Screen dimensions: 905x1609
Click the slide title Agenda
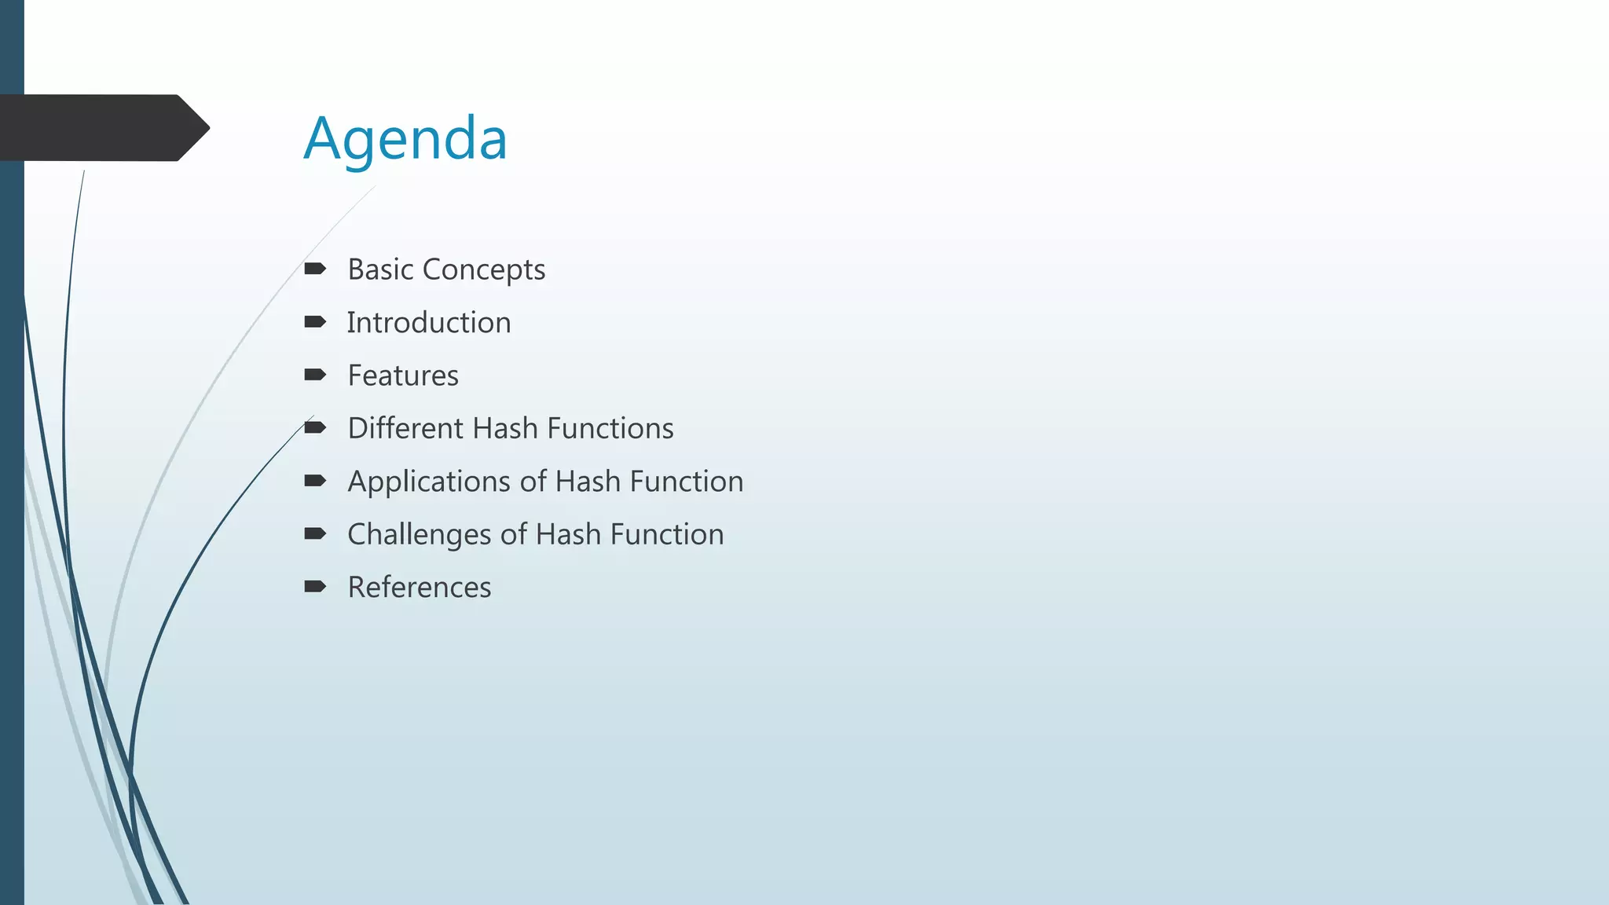[x=405, y=138]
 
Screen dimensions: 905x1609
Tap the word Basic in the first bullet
[x=381, y=269]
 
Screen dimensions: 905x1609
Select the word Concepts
[x=484, y=269]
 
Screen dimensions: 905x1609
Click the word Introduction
[x=429, y=323]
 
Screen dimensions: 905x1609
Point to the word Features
[x=403, y=376]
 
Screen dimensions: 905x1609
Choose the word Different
[x=405, y=428]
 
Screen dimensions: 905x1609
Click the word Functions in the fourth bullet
[x=610, y=428]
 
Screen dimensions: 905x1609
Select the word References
[x=420, y=588]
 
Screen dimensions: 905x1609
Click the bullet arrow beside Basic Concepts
[x=315, y=269]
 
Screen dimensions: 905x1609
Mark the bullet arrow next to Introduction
[x=315, y=322]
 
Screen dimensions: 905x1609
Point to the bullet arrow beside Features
[x=315, y=375]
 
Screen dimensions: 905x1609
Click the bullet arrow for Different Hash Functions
[x=315, y=427]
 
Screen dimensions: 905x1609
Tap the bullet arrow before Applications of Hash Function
[x=315, y=481]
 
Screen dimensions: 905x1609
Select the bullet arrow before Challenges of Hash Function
[x=315, y=533]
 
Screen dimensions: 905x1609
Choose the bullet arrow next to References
[x=315, y=586]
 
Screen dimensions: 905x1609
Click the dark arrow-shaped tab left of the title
[x=102, y=128]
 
